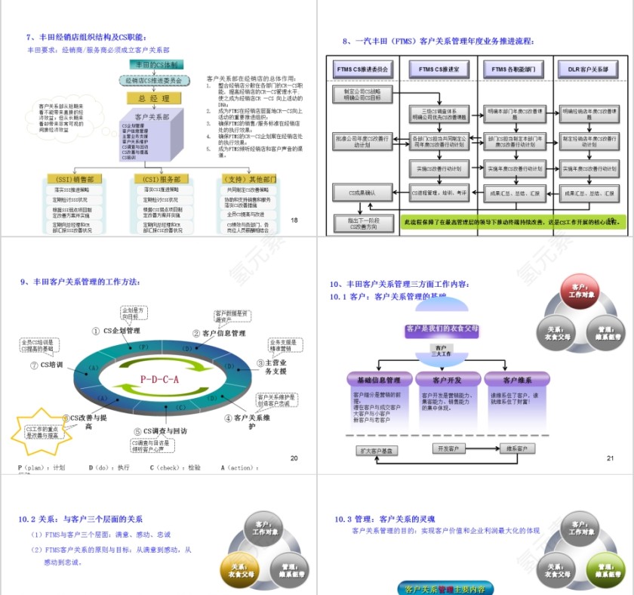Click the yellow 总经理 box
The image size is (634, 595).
(154, 98)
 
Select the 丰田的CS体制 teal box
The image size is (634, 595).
(154, 65)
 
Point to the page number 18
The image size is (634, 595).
(294, 220)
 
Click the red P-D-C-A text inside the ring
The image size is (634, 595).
(159, 379)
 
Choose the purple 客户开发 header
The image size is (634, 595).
(447, 379)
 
